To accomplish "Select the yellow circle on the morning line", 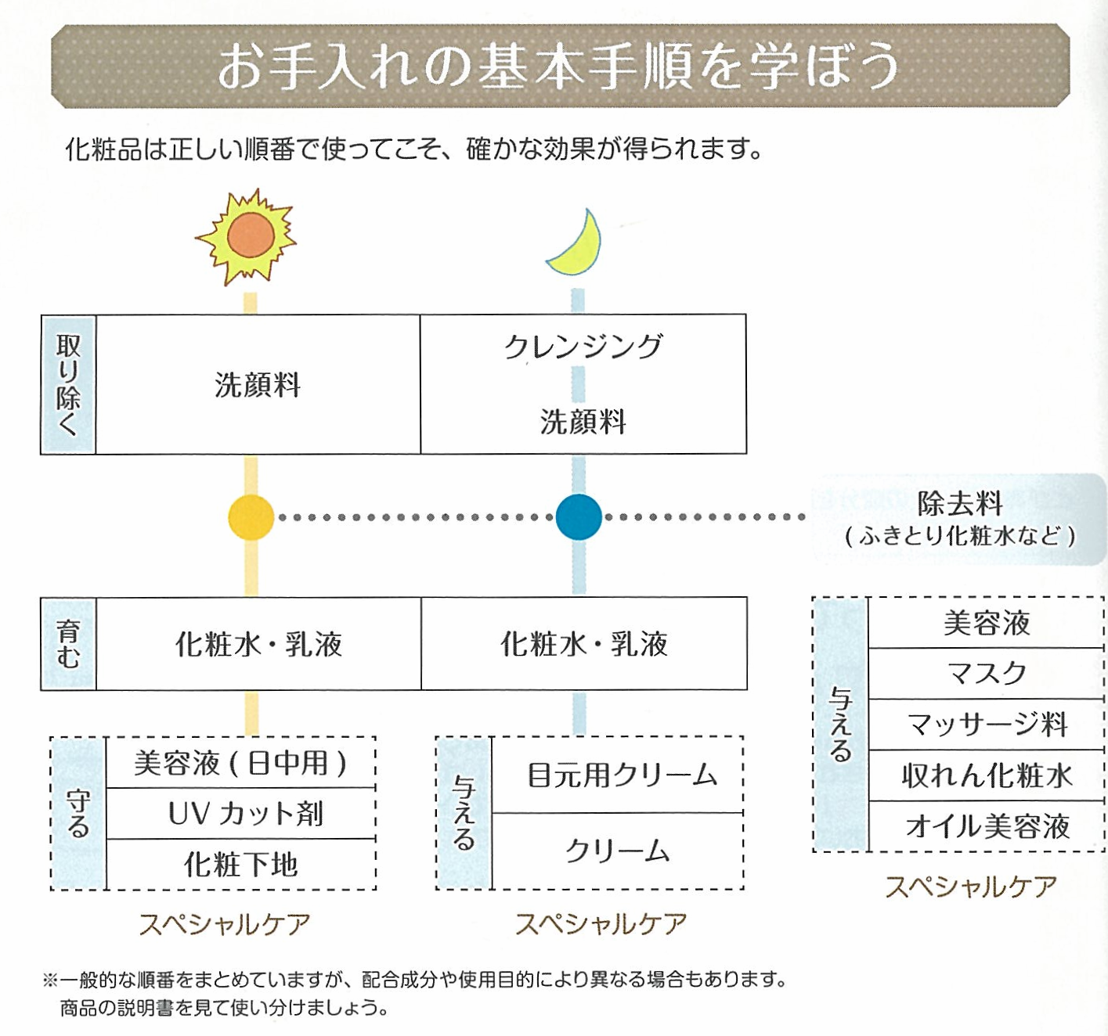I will (251, 517).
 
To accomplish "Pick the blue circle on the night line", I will (579, 517).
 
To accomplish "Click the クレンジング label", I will (583, 346).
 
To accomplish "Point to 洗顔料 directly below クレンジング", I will (583, 422).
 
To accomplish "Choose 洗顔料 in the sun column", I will (258, 385).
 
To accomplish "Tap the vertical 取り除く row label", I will (68, 384).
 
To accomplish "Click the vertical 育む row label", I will (68, 644).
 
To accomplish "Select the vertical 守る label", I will (78, 814).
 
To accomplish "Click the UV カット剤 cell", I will (245, 814).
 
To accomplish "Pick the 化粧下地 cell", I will (241, 865).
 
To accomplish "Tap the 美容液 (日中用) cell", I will (240, 763).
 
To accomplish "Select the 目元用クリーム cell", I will (622, 775).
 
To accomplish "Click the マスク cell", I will (987, 674).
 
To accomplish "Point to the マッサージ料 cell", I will (987, 725).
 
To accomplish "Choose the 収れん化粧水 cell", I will (987, 775).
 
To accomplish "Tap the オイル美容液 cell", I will (987, 826).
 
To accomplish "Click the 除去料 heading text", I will (960, 503).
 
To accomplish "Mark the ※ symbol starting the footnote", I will (50, 980).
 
